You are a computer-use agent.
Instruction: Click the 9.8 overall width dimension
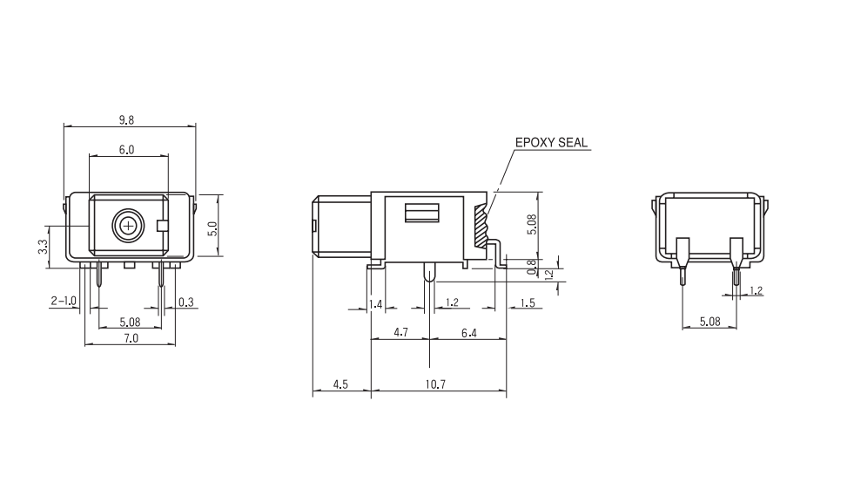coord(125,120)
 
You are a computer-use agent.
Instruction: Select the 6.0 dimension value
coord(126,150)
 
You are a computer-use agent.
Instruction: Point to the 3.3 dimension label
coord(43,248)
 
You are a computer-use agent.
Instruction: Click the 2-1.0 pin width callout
coord(64,301)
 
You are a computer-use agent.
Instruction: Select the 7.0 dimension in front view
coord(130,338)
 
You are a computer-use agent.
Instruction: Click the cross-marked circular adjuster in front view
coord(129,227)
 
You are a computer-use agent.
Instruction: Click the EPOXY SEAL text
coord(551,142)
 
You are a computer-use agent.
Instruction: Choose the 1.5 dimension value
coord(528,302)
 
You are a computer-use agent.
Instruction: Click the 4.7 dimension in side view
coord(401,332)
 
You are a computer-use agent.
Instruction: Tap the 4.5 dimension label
coord(340,384)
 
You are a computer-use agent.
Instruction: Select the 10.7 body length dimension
coord(437,384)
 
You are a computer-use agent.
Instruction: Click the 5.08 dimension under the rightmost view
coord(709,322)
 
